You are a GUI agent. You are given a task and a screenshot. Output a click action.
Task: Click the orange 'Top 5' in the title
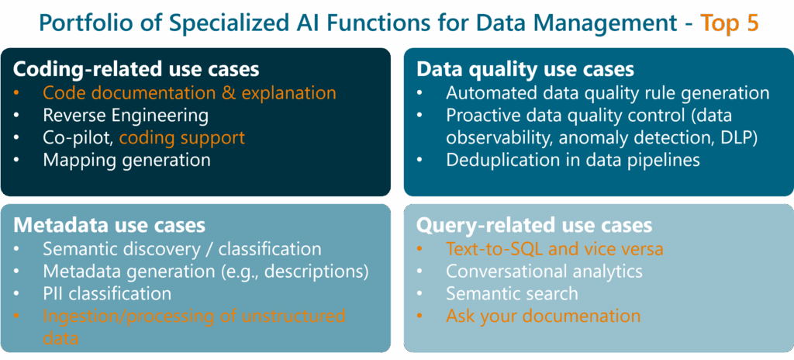pos(730,23)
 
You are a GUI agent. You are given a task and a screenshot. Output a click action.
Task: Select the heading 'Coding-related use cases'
pos(136,69)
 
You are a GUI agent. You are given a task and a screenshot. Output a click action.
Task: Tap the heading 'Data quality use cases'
pos(526,69)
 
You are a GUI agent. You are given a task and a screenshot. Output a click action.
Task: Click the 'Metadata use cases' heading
pos(109,225)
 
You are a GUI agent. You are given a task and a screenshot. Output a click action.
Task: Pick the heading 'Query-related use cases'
pos(534,225)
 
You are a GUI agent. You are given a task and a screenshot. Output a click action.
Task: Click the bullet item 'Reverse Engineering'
pos(126,116)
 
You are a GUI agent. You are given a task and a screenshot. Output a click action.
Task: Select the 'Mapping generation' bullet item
pos(126,160)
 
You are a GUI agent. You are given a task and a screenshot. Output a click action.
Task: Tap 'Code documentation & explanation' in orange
pos(189,93)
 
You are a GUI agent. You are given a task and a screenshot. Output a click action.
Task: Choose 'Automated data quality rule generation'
pos(607,93)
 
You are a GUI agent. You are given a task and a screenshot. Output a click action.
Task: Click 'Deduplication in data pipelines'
pos(573,160)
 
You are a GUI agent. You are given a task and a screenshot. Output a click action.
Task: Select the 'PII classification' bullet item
pos(107,294)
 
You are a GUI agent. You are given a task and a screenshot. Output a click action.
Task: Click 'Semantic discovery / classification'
pos(181,249)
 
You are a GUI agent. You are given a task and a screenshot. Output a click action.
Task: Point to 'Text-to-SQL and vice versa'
pos(554,249)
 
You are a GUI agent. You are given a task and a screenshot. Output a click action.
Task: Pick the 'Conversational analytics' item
pos(544,272)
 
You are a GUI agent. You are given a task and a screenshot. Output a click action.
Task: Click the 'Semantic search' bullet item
pos(512,294)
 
